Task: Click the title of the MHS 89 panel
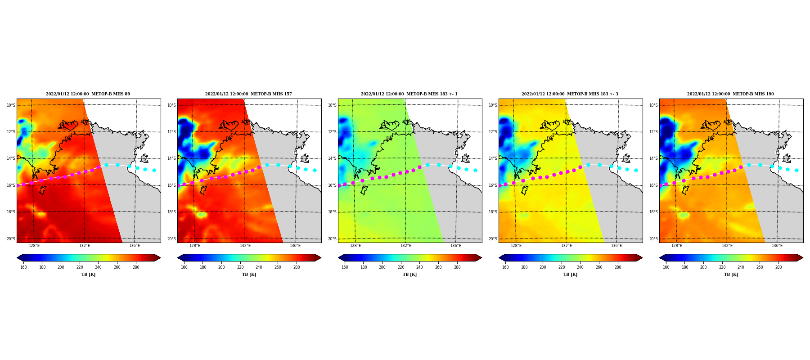[x=88, y=94]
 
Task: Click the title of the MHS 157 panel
[x=248, y=94]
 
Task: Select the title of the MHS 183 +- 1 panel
[x=409, y=94]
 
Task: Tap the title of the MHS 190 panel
[x=730, y=94]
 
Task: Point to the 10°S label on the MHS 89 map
[x=11, y=105]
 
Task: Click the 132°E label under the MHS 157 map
[x=245, y=246]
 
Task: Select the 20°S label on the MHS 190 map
[x=653, y=239]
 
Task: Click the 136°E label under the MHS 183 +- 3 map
[x=616, y=246]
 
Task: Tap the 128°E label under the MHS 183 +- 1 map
[x=355, y=246]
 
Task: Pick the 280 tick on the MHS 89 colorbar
[x=136, y=267]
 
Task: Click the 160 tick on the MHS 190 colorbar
[x=666, y=267]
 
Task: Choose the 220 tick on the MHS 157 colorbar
[x=240, y=267]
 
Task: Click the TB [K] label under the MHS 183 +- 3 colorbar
[x=570, y=274]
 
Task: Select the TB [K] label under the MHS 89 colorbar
[x=88, y=274]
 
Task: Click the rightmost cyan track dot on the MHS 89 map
[x=154, y=170]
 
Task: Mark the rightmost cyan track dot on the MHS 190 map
[x=796, y=170]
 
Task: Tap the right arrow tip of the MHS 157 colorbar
[x=321, y=258]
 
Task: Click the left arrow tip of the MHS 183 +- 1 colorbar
[x=338, y=258]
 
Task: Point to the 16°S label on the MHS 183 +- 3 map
[x=493, y=185]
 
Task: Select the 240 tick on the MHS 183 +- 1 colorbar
[x=419, y=267]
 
